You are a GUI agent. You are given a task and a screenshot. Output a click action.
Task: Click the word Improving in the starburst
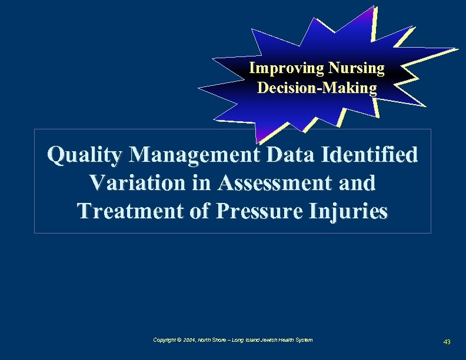tap(278, 69)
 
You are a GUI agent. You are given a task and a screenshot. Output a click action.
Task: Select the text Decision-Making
tap(317, 88)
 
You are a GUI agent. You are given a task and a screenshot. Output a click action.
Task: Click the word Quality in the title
tap(86, 155)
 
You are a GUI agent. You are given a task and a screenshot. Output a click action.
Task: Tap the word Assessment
tap(272, 183)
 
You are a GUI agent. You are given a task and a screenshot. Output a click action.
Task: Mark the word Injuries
tap(352, 211)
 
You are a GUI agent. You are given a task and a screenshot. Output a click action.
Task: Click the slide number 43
tap(447, 342)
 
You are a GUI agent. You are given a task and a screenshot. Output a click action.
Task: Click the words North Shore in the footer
tap(211, 340)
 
